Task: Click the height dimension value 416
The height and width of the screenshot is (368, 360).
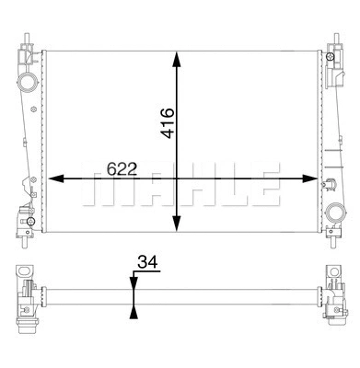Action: point(168,121)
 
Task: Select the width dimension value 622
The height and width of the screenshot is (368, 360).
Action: point(122,169)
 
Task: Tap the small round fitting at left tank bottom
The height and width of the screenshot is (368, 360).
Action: point(31,222)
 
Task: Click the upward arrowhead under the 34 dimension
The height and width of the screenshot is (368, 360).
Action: point(135,312)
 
